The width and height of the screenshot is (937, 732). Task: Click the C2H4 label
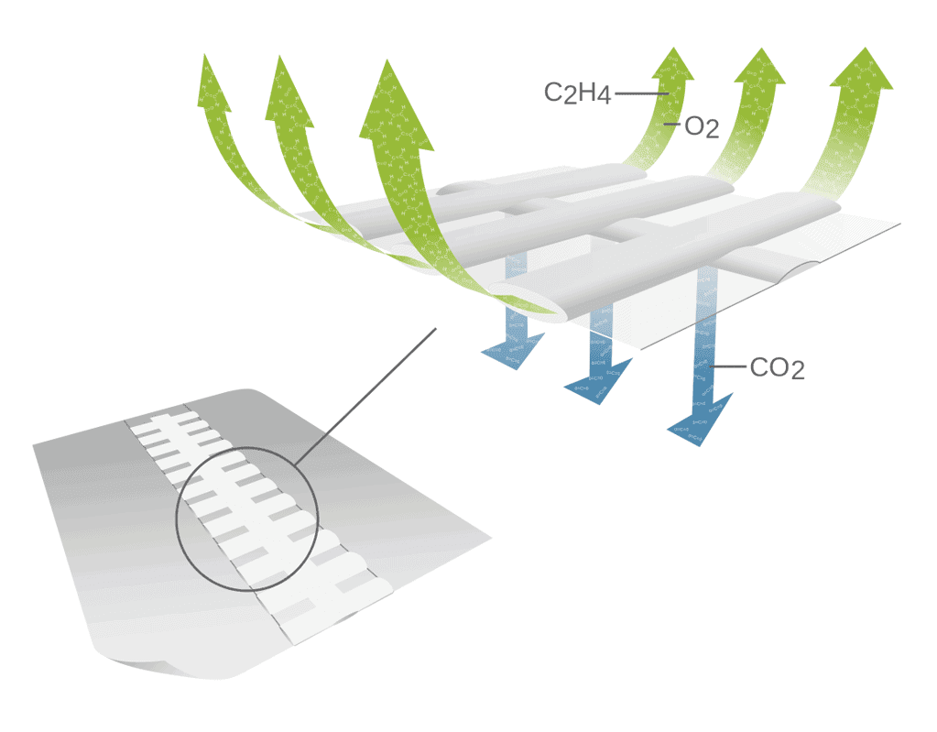(x=577, y=93)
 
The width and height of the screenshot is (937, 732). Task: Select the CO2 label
(x=777, y=368)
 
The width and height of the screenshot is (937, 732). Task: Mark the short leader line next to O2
(x=673, y=123)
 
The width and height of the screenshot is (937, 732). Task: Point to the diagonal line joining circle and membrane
(x=366, y=392)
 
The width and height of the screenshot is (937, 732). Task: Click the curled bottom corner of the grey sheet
(x=156, y=661)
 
